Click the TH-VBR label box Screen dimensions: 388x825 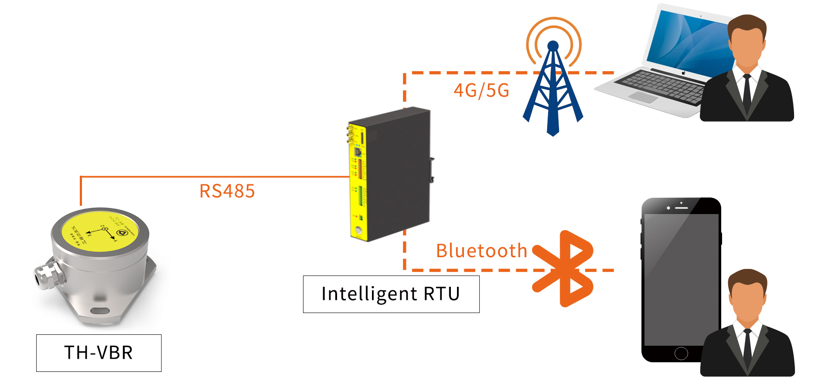(99, 353)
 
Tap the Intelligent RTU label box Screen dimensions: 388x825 (391, 294)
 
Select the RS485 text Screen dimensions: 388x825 (227, 191)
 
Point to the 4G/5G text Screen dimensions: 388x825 (481, 91)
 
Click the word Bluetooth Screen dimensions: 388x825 (481, 251)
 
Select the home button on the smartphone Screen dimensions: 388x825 (681, 353)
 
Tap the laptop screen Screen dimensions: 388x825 (689, 41)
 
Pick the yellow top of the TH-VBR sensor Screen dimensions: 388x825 (100, 231)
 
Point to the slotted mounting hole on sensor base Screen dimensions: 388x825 (100, 311)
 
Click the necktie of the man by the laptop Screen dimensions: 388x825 (747, 94)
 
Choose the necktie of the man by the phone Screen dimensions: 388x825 (747, 349)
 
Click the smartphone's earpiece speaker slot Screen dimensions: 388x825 (681, 208)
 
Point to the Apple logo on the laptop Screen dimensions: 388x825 (684, 73)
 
